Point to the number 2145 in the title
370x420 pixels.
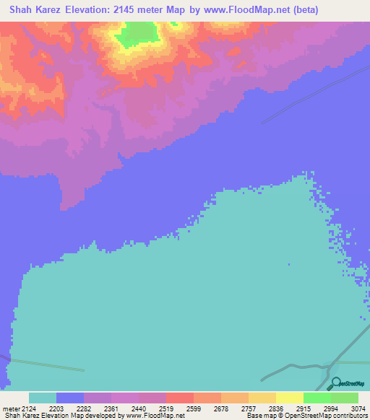(x=139, y=10)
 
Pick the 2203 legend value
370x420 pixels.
(x=66, y=408)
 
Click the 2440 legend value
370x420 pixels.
(x=152, y=408)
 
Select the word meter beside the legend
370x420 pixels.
(x=11, y=408)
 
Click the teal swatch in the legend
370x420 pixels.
(x=43, y=398)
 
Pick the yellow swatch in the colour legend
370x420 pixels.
(x=290, y=398)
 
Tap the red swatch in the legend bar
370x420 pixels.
(x=180, y=398)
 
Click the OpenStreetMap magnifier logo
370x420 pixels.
(x=335, y=382)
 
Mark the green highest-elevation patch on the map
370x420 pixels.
(x=138, y=34)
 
